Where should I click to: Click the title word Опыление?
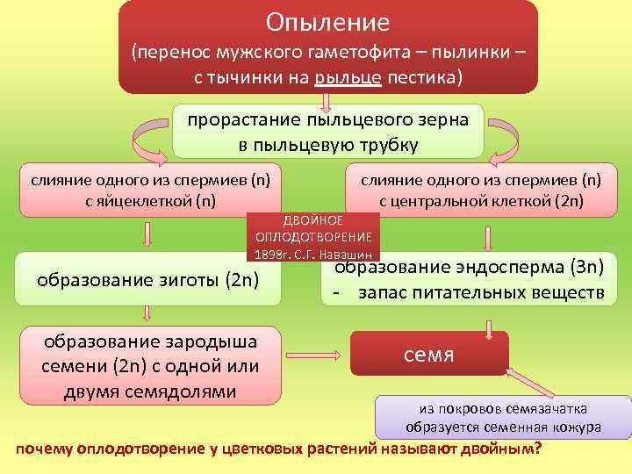click(327, 21)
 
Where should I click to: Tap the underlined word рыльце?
click(349, 77)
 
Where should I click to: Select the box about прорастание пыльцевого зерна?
click(327, 132)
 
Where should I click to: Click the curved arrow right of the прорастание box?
click(506, 136)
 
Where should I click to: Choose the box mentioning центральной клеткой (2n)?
click(481, 190)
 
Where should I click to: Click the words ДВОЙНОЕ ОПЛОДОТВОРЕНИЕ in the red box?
click(313, 228)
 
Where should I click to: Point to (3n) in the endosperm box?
click(583, 268)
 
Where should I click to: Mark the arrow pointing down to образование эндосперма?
click(487, 240)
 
